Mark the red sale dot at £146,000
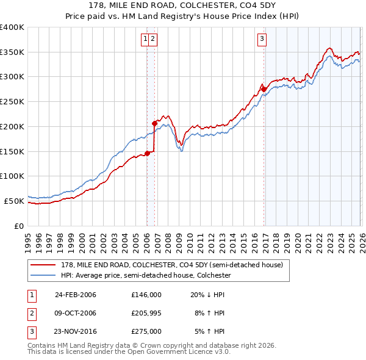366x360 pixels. tap(147, 153)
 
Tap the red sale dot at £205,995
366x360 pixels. tap(154, 123)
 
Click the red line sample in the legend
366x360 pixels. tap(43, 265)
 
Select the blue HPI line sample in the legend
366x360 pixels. tap(43, 275)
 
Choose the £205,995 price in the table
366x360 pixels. tap(146, 313)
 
